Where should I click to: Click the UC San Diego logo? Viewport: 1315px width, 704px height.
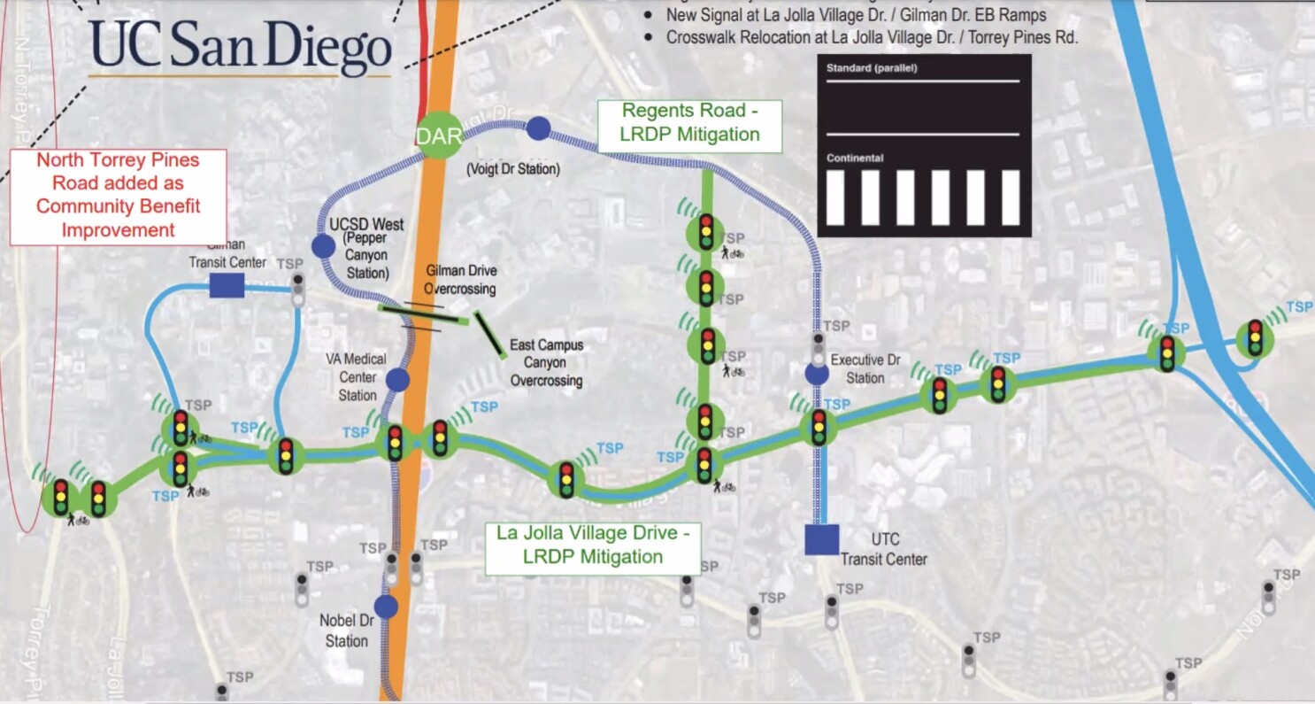pyautogui.click(x=240, y=49)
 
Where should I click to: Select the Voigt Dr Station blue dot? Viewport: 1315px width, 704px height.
pyautogui.click(x=538, y=129)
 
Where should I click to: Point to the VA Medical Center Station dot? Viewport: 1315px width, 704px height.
pyautogui.click(x=397, y=380)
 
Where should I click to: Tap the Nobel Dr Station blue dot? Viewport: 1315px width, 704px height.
pyautogui.click(x=386, y=607)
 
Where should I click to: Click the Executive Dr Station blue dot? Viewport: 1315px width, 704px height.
pyautogui.click(x=817, y=374)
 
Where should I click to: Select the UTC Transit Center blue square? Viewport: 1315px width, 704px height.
pyautogui.click(x=821, y=539)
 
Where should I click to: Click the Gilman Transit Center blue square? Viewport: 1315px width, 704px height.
pyautogui.click(x=227, y=285)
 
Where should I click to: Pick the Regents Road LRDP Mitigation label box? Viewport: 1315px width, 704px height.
pyautogui.click(x=690, y=123)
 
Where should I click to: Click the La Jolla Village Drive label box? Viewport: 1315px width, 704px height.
pyautogui.click(x=593, y=545)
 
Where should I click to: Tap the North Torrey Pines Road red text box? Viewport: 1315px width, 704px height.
pyautogui.click(x=118, y=196)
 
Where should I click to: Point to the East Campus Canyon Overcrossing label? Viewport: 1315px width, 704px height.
pyautogui.click(x=546, y=362)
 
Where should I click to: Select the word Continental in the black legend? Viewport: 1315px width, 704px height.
pyautogui.click(x=855, y=158)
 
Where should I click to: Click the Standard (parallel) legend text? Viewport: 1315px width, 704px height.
pyautogui.click(x=872, y=68)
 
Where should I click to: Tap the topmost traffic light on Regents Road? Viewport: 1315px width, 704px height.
pyautogui.click(x=706, y=232)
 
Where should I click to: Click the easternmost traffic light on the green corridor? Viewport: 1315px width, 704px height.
pyautogui.click(x=1255, y=338)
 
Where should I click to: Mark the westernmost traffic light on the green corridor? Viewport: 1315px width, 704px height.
pyautogui.click(x=61, y=498)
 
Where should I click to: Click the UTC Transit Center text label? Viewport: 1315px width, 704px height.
pyautogui.click(x=883, y=549)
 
